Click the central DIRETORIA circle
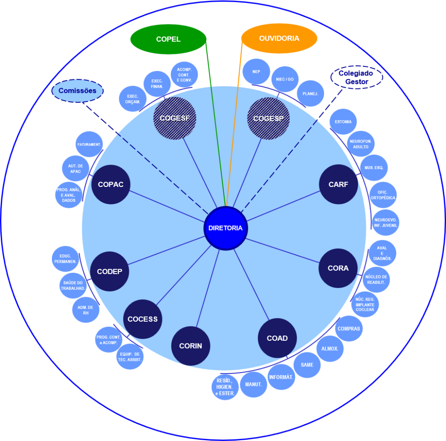pyautogui.click(x=226, y=228)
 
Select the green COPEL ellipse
pyautogui.click(x=168, y=39)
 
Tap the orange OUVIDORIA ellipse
pyautogui.click(x=279, y=38)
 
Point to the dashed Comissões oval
pyautogui.click(x=78, y=91)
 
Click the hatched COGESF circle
pyautogui.click(x=175, y=118)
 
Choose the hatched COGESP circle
pyautogui.click(x=268, y=119)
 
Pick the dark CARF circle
pyautogui.click(x=338, y=184)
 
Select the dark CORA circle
pyautogui.click(x=338, y=268)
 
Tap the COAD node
pyautogui.click(x=277, y=338)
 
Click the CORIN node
pyautogui.click(x=191, y=346)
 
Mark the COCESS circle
pyautogui.click(x=142, y=319)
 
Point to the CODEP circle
pyautogui.click(x=110, y=271)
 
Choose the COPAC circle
pyautogui.click(x=111, y=184)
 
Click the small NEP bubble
pyautogui.click(x=256, y=71)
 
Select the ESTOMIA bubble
pyautogui.click(x=343, y=122)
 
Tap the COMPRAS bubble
pyautogui.click(x=349, y=329)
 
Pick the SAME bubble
pyautogui.click(x=307, y=365)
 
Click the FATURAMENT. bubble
pyautogui.click(x=89, y=144)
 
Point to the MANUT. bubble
pyautogui.click(x=253, y=384)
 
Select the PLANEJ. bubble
pyautogui.click(x=311, y=94)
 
